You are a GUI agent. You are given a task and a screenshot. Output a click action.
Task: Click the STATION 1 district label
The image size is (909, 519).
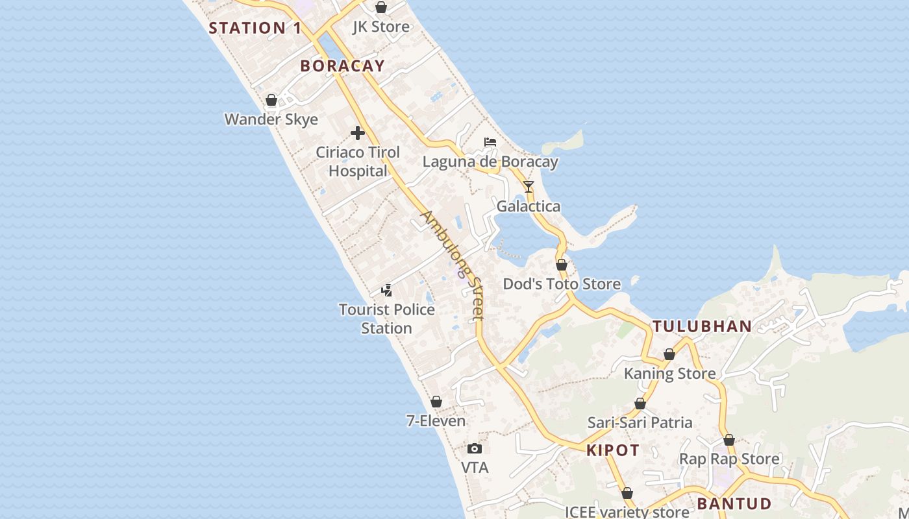pos(255,28)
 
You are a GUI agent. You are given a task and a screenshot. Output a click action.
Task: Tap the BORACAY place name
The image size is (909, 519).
pos(343,66)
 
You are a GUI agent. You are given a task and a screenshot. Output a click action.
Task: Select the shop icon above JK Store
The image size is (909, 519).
pos(381,8)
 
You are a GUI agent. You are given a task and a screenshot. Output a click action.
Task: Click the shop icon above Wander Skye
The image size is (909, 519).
pos(271,100)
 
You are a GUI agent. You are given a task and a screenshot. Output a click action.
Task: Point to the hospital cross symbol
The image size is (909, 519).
pos(357,133)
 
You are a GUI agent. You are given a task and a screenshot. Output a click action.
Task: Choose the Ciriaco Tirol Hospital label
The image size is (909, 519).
pos(358,162)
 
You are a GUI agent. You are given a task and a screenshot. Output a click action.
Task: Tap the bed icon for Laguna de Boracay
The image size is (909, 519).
pos(490,142)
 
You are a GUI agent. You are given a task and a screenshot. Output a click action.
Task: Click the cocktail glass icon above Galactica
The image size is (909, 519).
pos(529,187)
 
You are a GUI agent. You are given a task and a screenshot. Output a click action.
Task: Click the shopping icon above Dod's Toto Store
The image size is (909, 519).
pos(562,265)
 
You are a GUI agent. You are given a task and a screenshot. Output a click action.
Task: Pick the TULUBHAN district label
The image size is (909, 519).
pos(702,326)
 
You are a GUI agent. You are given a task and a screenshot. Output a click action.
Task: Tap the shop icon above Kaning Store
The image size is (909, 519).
pos(669,354)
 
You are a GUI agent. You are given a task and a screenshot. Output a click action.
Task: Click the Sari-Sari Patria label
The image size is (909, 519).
pos(640,422)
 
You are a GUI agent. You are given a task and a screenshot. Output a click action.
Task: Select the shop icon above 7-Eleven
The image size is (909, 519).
pos(436,402)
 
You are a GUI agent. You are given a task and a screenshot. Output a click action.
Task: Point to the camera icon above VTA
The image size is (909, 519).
pos(475,448)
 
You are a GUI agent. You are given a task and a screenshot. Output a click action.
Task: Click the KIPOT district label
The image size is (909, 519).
pos(613,450)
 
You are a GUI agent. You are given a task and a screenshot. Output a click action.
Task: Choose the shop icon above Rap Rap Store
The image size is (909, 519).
pos(729,440)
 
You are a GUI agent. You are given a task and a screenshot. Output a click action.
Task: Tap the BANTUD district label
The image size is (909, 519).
pos(734,503)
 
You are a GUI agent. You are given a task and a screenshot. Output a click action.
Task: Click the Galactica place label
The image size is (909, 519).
pos(528,206)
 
